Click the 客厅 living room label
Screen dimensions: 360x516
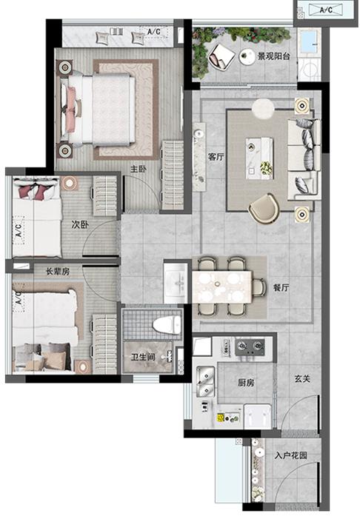click(x=216, y=157)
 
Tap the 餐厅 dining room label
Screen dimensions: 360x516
click(x=281, y=287)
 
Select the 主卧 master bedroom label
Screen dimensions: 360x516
click(x=139, y=169)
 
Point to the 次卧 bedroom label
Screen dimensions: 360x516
click(x=80, y=225)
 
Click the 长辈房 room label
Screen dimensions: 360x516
click(x=58, y=272)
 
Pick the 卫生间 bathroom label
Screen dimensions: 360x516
click(x=143, y=357)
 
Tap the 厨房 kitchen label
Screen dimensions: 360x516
click(x=246, y=383)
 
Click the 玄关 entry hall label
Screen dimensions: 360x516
click(x=302, y=378)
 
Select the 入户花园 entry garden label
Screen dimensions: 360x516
click(x=291, y=455)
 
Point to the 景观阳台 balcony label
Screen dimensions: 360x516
click(x=273, y=56)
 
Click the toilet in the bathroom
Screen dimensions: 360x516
click(x=167, y=324)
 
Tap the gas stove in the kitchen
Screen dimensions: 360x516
click(x=250, y=346)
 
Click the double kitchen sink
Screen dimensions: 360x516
click(x=205, y=382)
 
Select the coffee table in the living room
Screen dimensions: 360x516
click(x=259, y=158)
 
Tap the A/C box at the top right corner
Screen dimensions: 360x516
click(x=326, y=10)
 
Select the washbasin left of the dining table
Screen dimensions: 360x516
click(x=177, y=283)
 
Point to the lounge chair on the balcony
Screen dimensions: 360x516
click(x=221, y=57)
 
